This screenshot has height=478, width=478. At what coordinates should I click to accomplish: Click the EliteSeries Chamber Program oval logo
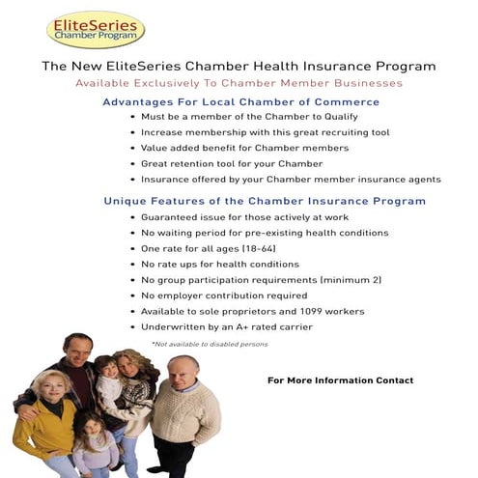(x=96, y=30)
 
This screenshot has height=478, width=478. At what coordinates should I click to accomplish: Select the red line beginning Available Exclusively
(x=239, y=84)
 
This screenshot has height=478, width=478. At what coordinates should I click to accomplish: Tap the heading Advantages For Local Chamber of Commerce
(x=240, y=101)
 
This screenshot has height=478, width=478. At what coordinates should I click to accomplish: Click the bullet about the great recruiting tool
(x=265, y=132)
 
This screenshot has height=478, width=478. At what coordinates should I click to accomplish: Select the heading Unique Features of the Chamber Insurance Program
(x=264, y=201)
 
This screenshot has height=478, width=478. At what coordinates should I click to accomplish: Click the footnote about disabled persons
(x=209, y=344)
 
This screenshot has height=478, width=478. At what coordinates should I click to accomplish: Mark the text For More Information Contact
(x=340, y=380)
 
